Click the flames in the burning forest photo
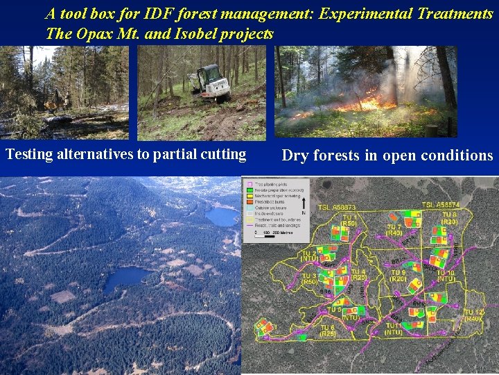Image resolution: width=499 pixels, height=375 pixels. [x=360, y=104]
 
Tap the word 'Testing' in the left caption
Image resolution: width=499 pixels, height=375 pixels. [x=29, y=154]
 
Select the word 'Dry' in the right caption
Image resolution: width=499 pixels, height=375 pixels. [x=295, y=156]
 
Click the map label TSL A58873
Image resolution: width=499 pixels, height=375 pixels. [x=337, y=208]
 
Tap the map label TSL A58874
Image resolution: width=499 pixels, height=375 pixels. [x=441, y=205]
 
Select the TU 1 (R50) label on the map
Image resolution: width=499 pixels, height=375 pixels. [x=350, y=220]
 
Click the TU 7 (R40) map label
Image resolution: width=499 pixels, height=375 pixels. [x=394, y=230]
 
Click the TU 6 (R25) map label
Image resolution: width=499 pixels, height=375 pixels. [x=328, y=331]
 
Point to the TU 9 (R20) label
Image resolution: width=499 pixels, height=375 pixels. [x=398, y=276]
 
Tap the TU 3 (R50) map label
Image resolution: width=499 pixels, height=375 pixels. [x=309, y=279]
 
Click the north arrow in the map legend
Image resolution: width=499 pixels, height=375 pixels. [x=303, y=222]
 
